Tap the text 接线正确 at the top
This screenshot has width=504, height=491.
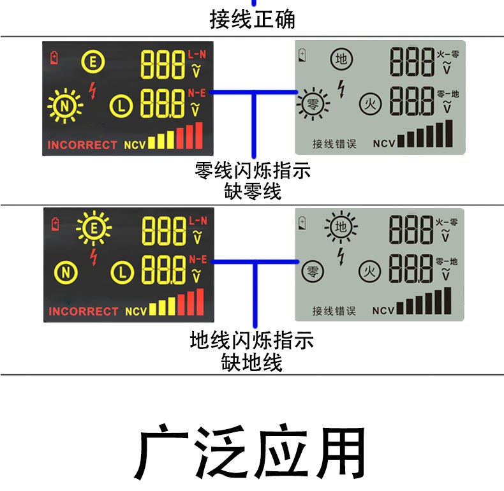(252, 19)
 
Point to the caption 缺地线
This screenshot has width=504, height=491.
(252, 363)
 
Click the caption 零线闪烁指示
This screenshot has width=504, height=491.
(252, 172)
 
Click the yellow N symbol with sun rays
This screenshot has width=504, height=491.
(64, 106)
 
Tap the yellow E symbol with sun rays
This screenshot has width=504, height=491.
(94, 227)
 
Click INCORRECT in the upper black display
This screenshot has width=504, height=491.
(82, 145)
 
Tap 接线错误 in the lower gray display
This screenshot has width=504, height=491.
(334, 311)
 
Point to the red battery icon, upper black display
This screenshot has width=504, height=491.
(55, 58)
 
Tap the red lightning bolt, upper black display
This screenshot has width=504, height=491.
(93, 90)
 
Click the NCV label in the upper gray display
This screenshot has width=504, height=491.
(384, 143)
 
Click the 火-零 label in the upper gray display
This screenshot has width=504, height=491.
(448, 54)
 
